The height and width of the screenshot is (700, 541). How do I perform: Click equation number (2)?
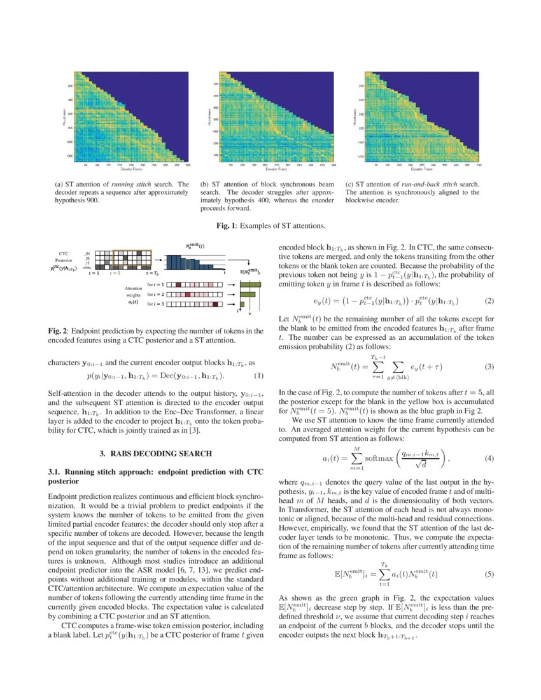click(x=489, y=300)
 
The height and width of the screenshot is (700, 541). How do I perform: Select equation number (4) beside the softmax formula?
click(x=489, y=458)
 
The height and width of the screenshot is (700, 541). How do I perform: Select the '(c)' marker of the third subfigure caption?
click(x=349, y=185)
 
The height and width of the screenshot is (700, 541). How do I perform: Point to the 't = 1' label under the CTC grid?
click(x=94, y=272)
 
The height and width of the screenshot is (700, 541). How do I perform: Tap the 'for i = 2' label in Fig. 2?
click(x=155, y=295)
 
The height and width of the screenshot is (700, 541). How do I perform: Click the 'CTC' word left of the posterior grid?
click(x=63, y=253)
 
